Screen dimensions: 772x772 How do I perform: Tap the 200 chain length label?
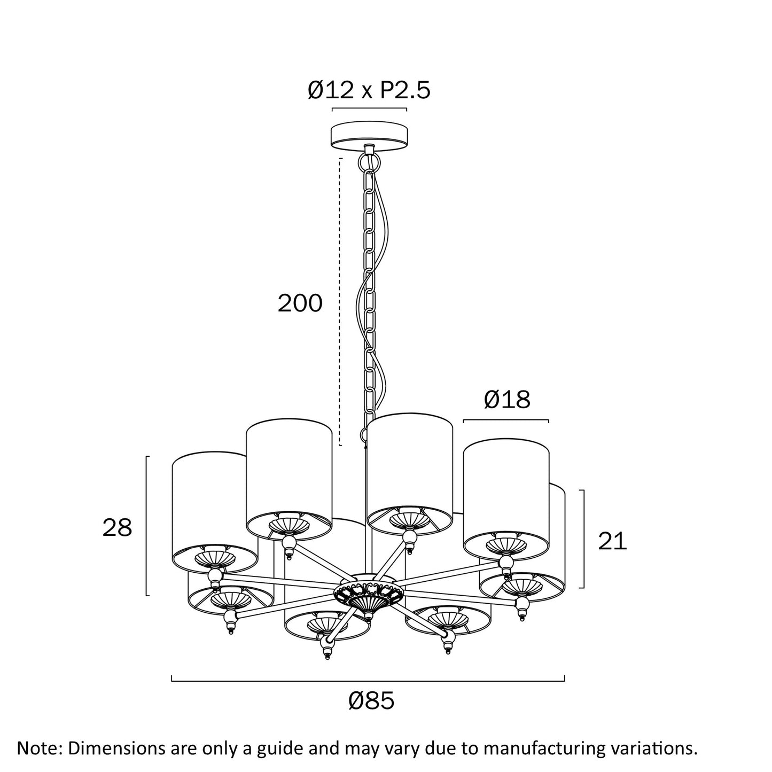coord(300,303)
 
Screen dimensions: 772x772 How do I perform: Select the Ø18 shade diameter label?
coord(507,399)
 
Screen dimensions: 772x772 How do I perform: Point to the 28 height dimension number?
coord(117,527)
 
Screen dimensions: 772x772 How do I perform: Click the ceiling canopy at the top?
coord(369,136)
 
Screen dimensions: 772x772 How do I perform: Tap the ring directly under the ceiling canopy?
coord(368,162)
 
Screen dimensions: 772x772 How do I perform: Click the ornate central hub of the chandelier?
coord(369,597)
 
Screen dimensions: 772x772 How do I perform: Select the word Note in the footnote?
coord(37,748)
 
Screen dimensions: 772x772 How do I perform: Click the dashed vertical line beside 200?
coord(340,302)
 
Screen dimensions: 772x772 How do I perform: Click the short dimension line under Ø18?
coord(506,420)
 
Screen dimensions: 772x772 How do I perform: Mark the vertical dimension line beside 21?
coord(583,539)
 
